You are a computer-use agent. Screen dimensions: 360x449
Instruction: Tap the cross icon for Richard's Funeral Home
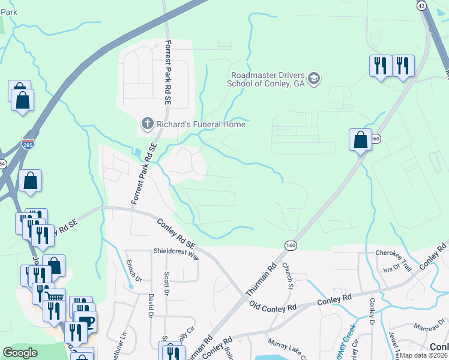[147, 124]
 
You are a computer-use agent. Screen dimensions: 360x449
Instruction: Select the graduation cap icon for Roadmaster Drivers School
[314, 79]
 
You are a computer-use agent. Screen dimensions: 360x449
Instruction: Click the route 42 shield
[421, 5]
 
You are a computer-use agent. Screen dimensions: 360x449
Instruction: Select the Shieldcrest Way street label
[176, 254]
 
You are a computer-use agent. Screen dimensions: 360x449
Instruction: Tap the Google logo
[20, 353]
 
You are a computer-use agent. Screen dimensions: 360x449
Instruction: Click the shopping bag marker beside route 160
[360, 140]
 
